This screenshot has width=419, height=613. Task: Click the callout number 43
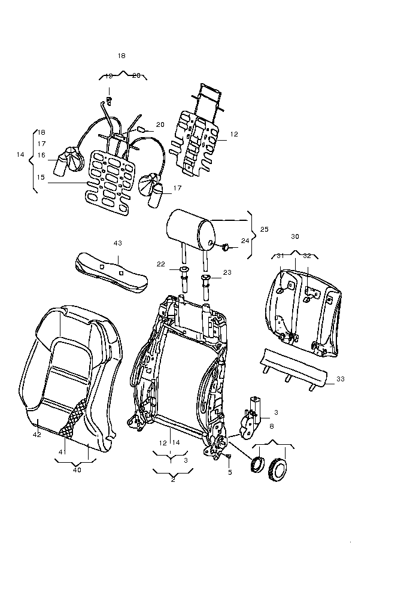[x=118, y=243]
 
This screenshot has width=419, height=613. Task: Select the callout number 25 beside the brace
[x=264, y=229]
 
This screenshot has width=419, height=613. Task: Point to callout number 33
[x=341, y=379]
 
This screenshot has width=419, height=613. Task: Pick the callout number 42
[x=37, y=435]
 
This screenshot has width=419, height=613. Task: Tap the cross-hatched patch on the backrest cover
[x=74, y=418]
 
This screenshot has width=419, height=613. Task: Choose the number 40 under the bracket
[x=77, y=470]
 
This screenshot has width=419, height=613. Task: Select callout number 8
[x=272, y=426]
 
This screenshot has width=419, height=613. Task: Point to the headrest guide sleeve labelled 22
[x=184, y=281]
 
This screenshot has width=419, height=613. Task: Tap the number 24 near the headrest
[x=245, y=241]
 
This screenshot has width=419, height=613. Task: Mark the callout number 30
[x=295, y=236]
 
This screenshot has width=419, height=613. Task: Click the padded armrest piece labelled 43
[x=111, y=272]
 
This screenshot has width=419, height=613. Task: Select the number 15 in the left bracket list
[x=41, y=177]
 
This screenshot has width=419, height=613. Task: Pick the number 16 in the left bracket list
[x=41, y=156]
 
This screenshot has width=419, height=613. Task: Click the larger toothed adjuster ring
[x=277, y=471]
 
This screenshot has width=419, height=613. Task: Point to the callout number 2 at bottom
[x=173, y=480]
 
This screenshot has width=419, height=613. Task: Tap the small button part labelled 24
[x=226, y=247]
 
